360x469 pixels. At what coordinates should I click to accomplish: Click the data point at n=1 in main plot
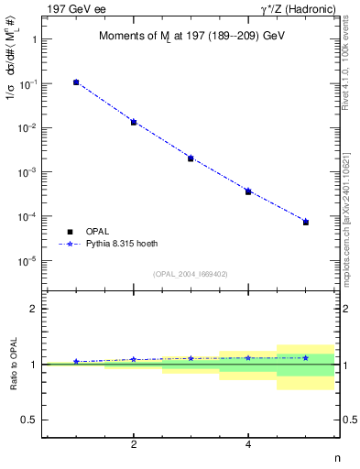coord(76,82)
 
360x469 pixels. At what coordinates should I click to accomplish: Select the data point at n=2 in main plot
coord(134,122)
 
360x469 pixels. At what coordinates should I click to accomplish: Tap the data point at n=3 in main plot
coord(191,158)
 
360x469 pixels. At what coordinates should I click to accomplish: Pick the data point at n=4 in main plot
coord(248,191)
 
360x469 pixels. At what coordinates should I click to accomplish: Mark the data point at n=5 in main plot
coord(306,222)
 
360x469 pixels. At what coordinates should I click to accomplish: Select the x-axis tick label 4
coord(248,444)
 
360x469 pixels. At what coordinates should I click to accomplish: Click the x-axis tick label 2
coord(134,444)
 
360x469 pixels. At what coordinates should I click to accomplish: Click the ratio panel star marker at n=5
coord(306,357)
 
